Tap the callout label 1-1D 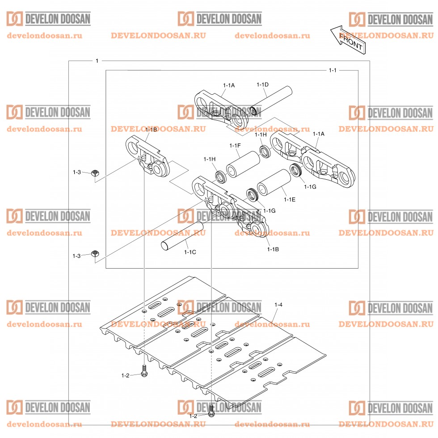262,84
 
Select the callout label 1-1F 235,145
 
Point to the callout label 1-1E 290,199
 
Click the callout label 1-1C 190,252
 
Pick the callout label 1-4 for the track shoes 278,304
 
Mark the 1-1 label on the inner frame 333,70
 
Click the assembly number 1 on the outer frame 97,60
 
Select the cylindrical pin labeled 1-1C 183,235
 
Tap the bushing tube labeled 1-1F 243,163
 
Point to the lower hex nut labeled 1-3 94,254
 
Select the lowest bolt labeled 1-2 211,410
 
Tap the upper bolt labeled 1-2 144,371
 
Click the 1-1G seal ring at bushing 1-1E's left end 253,195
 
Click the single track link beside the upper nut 147,154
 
